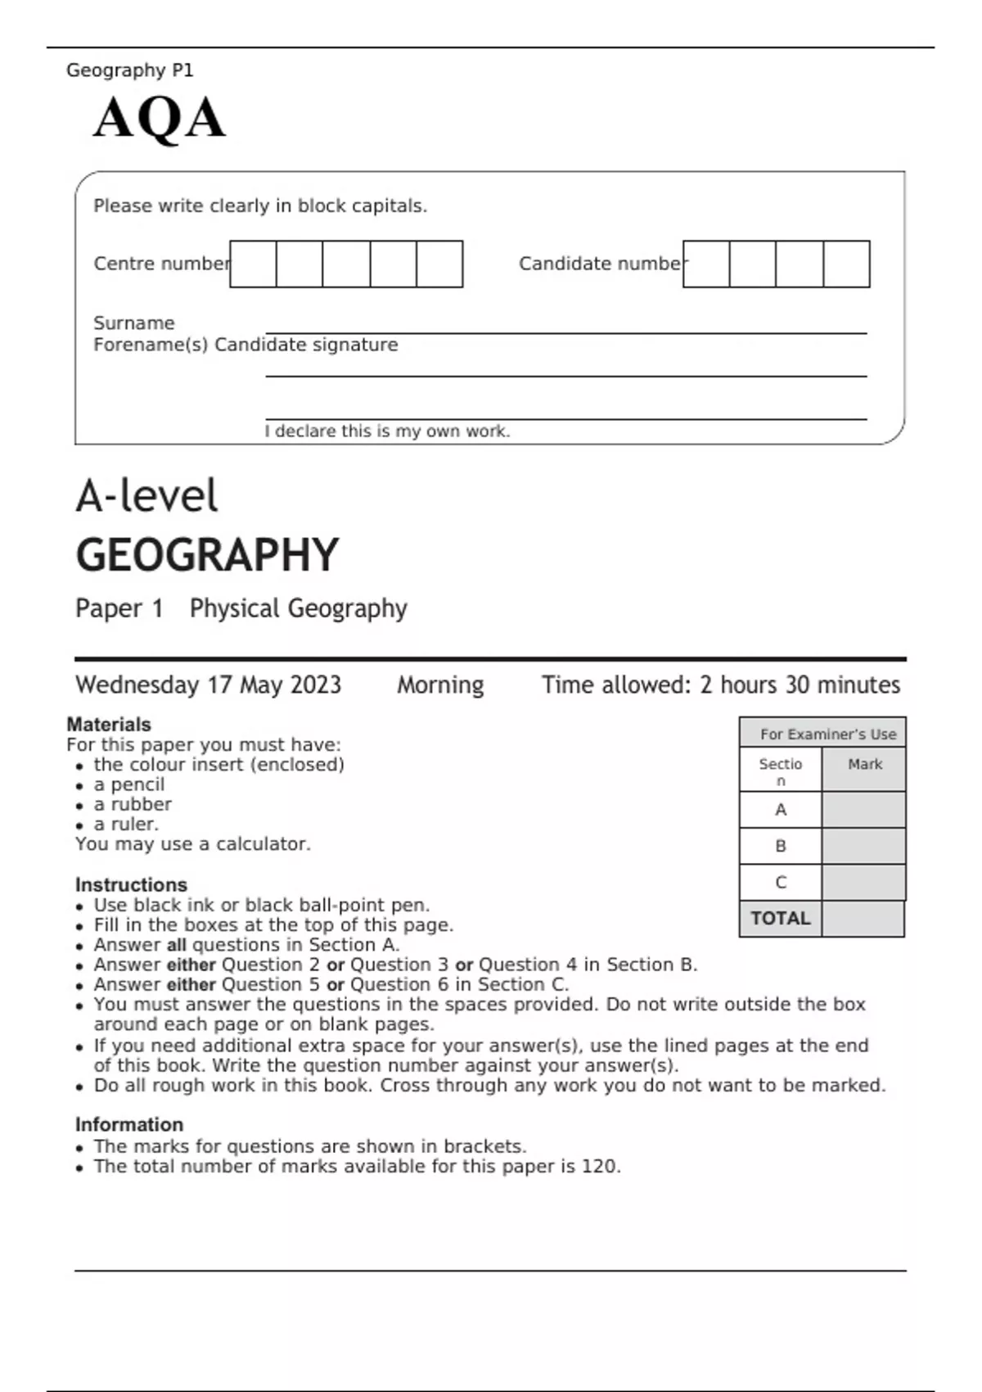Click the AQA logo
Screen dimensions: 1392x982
click(159, 119)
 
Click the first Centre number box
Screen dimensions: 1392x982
click(253, 264)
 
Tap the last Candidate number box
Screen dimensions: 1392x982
click(846, 264)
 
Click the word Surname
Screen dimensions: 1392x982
click(133, 323)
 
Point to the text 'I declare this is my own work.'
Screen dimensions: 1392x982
click(387, 432)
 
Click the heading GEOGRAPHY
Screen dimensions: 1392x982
click(207, 555)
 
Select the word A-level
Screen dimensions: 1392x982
click(147, 496)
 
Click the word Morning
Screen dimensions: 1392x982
click(440, 685)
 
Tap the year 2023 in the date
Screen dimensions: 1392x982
click(316, 685)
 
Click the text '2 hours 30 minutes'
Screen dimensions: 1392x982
click(800, 685)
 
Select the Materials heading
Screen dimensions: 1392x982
click(109, 725)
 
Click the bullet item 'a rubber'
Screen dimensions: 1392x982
click(133, 804)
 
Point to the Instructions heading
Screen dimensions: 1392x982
click(131, 885)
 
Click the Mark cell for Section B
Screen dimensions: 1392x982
click(863, 846)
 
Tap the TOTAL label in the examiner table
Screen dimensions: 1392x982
click(780, 919)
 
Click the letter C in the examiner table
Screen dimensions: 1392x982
click(780, 883)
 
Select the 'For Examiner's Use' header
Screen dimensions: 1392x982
click(827, 734)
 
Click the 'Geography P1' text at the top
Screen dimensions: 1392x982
click(129, 70)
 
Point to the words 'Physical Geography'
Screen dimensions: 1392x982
click(298, 608)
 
